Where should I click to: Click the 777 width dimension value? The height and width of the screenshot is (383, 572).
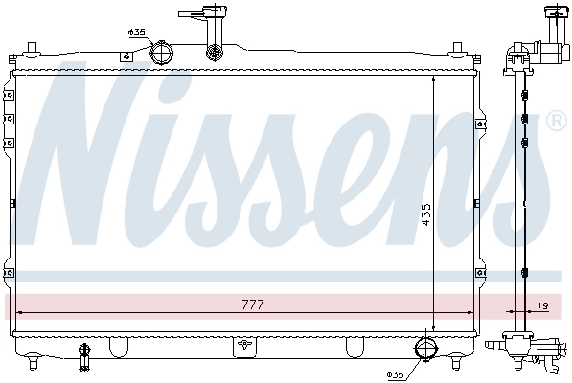(x=251, y=304)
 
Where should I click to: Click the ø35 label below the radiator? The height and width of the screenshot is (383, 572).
(x=398, y=373)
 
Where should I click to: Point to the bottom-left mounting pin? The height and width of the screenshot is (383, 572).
(x=35, y=362)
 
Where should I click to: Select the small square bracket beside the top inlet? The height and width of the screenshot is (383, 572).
(x=124, y=56)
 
